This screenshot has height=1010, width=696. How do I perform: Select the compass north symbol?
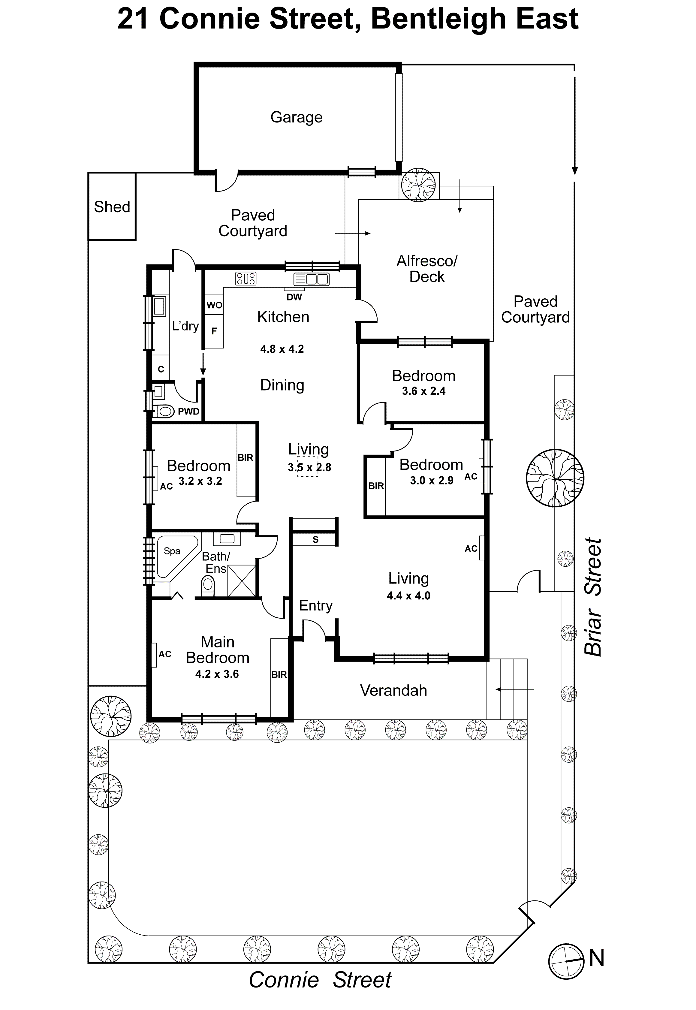(566, 962)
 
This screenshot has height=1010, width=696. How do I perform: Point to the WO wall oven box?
(214, 305)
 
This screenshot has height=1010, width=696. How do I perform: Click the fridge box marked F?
(214, 331)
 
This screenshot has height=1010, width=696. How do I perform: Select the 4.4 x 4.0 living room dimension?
(408, 596)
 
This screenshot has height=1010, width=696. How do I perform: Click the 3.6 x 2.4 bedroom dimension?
(423, 391)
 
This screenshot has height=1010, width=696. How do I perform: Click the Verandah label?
(393, 690)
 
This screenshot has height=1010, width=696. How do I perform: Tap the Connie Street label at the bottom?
(320, 980)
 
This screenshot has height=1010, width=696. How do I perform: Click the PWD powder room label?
(188, 411)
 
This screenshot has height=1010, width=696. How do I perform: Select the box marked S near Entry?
(315, 539)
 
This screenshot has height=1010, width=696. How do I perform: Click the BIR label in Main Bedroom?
(279, 675)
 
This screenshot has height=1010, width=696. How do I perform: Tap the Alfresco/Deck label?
(426, 269)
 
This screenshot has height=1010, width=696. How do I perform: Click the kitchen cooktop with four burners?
(246, 278)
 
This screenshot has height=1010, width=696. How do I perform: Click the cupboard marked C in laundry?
(161, 369)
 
